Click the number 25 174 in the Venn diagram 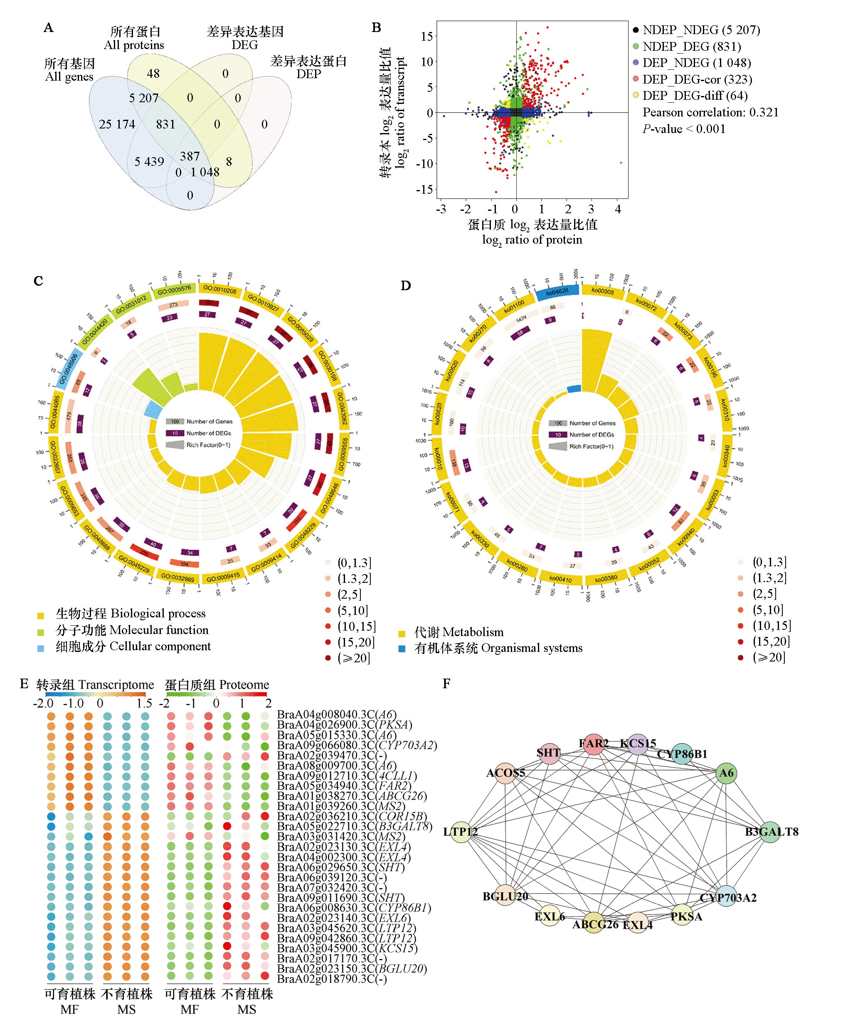coord(117,124)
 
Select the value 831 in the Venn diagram coord(165,124)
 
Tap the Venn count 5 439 coord(149,161)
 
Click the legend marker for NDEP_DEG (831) coord(636,47)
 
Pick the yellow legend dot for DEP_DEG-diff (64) coord(636,95)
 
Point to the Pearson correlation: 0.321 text coord(710,112)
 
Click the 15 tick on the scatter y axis coord(427,37)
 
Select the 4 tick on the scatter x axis coord(618,209)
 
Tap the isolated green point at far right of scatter coord(621,163)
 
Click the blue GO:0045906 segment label coord(69,368)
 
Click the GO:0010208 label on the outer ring coord(219,289)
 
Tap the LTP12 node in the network coord(460,832)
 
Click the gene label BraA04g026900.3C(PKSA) coord(344,725)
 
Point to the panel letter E coord(24,684)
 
